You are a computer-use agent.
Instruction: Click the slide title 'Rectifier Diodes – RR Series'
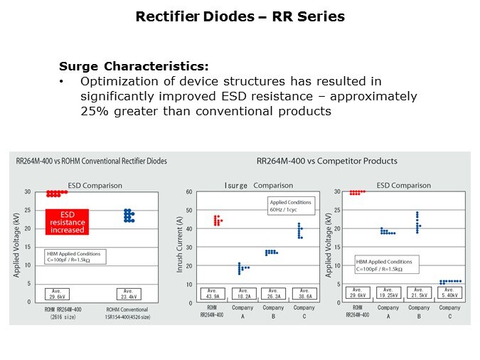(240, 17)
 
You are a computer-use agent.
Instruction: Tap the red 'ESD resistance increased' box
(67, 221)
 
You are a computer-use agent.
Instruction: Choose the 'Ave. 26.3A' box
(274, 293)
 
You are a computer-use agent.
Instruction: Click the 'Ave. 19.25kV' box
(388, 293)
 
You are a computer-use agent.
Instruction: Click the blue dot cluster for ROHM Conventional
(129, 216)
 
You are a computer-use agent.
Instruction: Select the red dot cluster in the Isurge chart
(218, 221)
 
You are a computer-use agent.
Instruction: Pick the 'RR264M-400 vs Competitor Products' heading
(326, 162)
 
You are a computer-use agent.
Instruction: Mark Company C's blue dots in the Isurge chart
(300, 231)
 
